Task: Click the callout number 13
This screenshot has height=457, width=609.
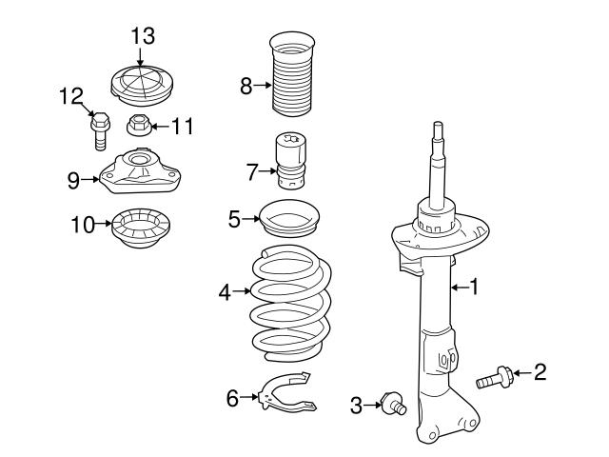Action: pyautogui.click(x=142, y=36)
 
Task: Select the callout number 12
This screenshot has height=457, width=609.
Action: pyautogui.click(x=71, y=95)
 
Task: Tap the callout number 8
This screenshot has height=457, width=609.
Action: pyautogui.click(x=246, y=87)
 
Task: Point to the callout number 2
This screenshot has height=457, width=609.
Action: pyautogui.click(x=540, y=371)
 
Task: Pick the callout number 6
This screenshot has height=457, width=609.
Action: pyautogui.click(x=232, y=398)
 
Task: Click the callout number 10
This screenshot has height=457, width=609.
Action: pyautogui.click(x=84, y=226)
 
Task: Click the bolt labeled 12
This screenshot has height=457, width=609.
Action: pyautogui.click(x=99, y=130)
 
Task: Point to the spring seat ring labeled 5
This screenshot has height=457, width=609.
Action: pyautogui.click(x=289, y=223)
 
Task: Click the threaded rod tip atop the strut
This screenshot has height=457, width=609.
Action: pyautogui.click(x=437, y=133)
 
